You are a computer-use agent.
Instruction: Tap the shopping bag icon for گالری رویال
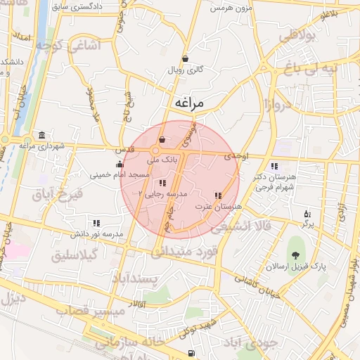point(185,59)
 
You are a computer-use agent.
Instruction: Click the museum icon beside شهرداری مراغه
point(43,135)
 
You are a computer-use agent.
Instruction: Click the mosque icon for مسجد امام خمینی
point(119,165)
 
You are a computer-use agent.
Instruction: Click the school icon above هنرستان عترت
point(217,195)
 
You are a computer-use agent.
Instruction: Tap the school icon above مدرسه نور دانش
point(96,223)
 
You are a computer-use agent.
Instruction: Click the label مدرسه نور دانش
point(97,233)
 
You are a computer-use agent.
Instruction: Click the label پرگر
point(307,225)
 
